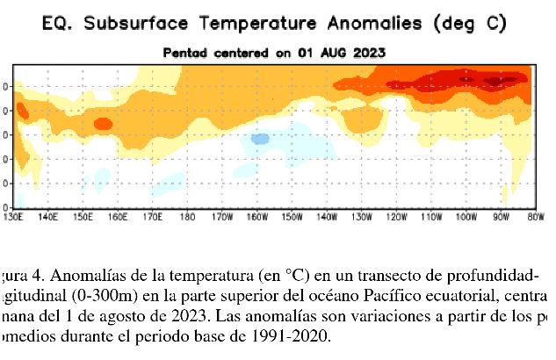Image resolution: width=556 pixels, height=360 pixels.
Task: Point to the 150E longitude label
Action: pyautogui.click(x=83, y=215)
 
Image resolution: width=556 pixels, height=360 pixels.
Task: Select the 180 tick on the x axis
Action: pyautogui.click(x=188, y=215)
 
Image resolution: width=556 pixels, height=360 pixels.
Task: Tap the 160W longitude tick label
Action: pyautogui.click(x=258, y=215)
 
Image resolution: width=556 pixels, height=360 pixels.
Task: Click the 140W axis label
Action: pyautogui.click(x=326, y=215)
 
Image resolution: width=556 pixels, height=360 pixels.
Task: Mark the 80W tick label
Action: pyautogui.click(x=532, y=215)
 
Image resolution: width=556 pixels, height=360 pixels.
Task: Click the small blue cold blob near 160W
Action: pyautogui.click(x=260, y=138)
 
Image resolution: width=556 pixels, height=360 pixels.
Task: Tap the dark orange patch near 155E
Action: pyautogui.click(x=103, y=124)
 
